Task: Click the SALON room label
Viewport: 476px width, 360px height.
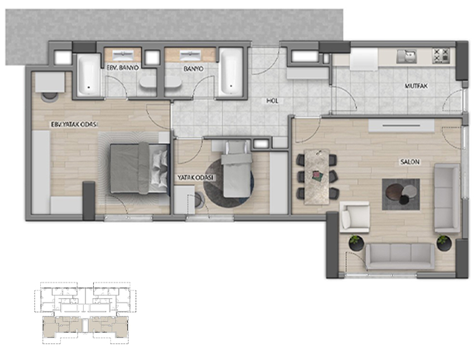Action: coord(410,162)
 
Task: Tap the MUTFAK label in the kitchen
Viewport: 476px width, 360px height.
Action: coord(416,86)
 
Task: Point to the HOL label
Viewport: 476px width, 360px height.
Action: coord(272,101)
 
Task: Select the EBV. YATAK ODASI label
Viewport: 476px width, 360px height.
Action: coord(74,124)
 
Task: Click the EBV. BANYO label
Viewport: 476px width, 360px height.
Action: coord(123,68)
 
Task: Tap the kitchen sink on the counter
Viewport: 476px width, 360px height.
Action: coord(406,56)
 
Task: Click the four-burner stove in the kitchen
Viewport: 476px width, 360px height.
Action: coord(441,56)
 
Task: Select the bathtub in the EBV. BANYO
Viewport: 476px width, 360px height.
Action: coord(88,75)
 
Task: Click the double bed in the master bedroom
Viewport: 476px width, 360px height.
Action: coord(139,168)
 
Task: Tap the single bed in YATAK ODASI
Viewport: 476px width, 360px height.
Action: coord(237,169)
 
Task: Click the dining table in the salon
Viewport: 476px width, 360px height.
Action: coord(317,177)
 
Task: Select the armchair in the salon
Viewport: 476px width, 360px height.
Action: coord(354,217)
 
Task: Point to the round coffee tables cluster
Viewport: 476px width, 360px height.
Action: coord(401,193)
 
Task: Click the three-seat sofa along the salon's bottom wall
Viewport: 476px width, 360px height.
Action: coord(400,256)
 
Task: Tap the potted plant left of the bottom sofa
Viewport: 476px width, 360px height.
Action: coord(356,243)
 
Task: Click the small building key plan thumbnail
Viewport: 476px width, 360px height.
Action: coord(85,313)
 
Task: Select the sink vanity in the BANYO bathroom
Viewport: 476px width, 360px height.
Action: coord(190,55)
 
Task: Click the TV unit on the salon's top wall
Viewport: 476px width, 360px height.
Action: coord(401,126)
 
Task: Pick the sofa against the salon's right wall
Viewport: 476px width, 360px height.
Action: coord(447,198)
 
